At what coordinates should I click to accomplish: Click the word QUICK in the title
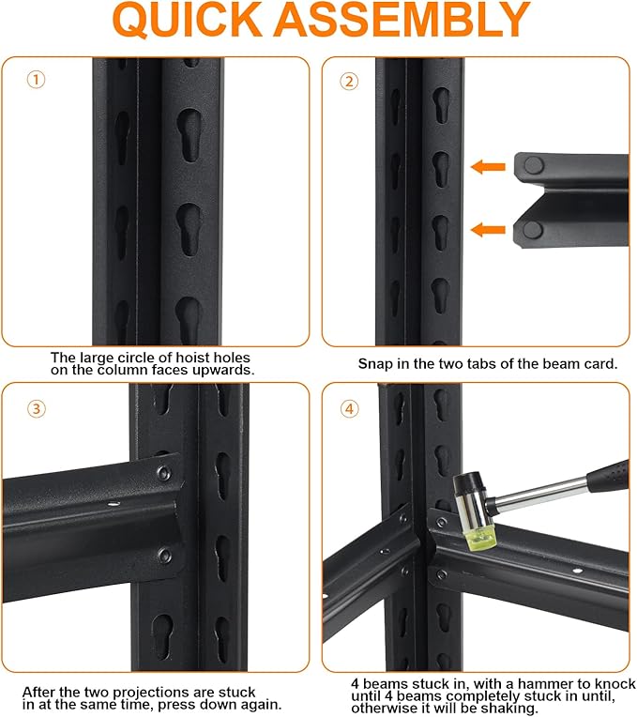click(x=187, y=19)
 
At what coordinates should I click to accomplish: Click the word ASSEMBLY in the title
click(x=402, y=19)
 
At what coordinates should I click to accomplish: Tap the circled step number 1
click(x=36, y=80)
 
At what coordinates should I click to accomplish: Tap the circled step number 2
click(x=349, y=82)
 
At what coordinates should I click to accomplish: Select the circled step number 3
click(x=37, y=408)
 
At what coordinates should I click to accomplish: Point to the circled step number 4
click(x=349, y=408)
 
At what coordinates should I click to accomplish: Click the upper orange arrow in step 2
click(x=488, y=167)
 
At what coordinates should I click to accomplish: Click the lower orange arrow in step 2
click(x=488, y=230)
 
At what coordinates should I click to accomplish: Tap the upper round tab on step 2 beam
click(x=533, y=165)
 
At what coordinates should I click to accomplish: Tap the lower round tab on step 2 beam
click(x=533, y=230)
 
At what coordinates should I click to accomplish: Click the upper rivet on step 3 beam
click(x=163, y=473)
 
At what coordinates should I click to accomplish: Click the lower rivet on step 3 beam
click(x=164, y=556)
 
